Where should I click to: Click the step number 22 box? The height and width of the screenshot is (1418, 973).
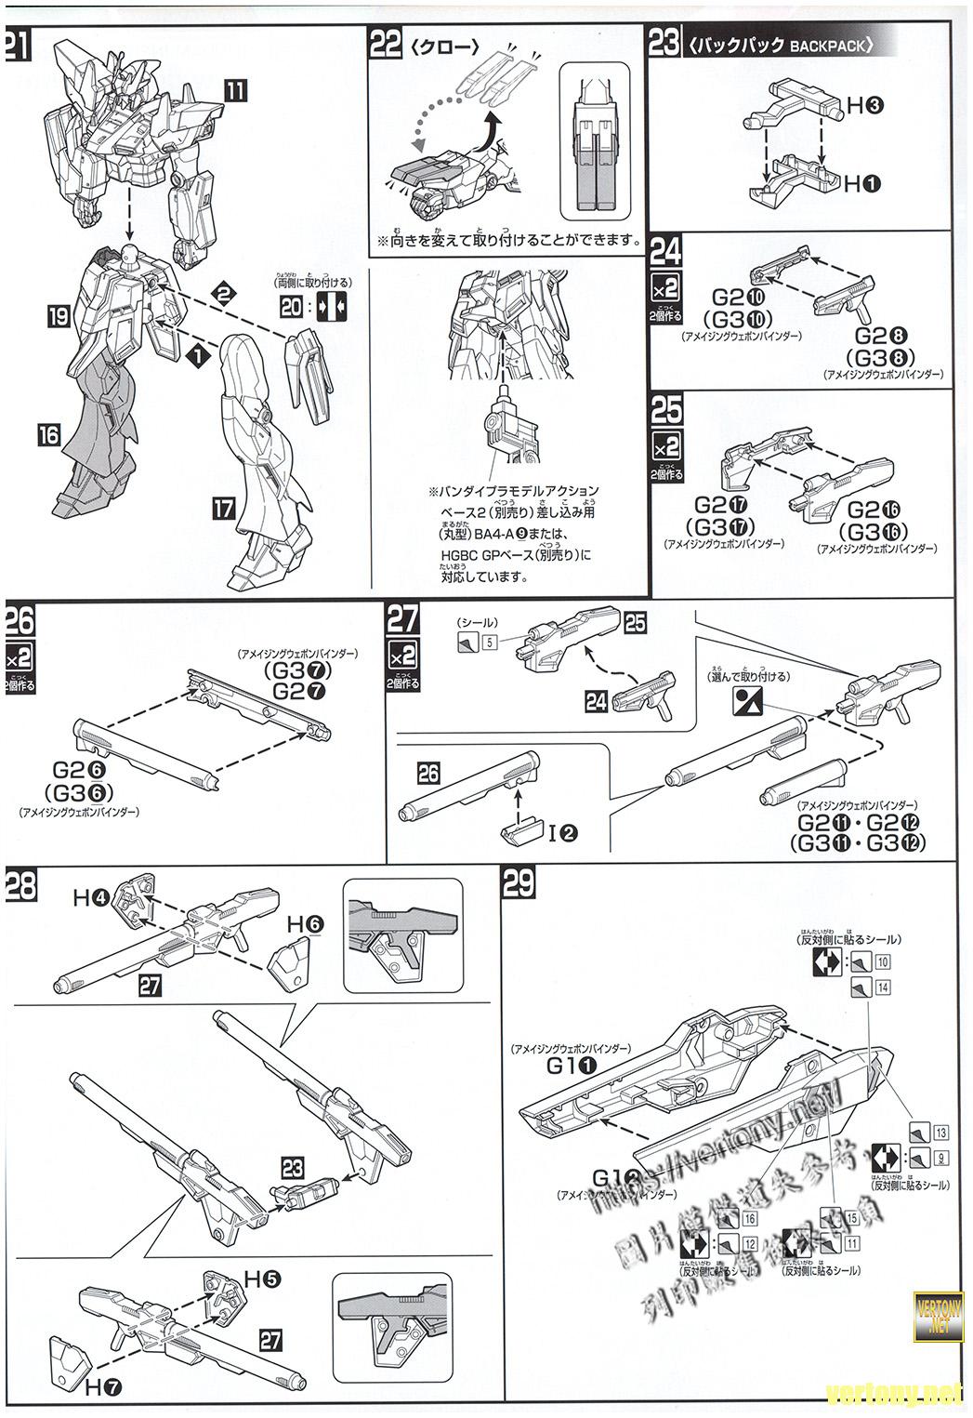pos(386,45)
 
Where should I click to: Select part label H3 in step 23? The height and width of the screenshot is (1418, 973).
pos(863,106)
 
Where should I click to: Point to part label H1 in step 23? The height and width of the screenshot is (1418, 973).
pos(861,183)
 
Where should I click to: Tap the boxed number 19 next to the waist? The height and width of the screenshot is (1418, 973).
pos(58,318)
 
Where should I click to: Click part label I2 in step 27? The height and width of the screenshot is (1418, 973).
pos(563,833)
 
